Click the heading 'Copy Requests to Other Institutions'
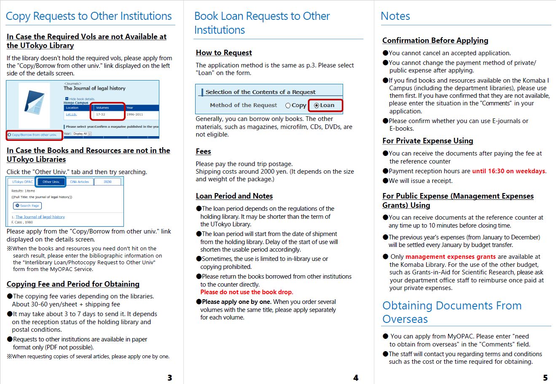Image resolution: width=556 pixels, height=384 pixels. click(89, 16)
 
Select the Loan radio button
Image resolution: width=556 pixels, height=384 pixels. click(317, 105)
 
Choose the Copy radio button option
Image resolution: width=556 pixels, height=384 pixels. click(288, 105)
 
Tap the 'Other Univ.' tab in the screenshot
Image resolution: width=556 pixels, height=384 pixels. click(51, 182)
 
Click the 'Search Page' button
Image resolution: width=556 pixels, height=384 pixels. click(27, 206)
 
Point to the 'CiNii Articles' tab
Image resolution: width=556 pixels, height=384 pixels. click(80, 182)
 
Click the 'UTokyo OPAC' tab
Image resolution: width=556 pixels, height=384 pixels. click(22, 182)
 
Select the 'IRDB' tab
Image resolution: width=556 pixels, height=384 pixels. click(107, 182)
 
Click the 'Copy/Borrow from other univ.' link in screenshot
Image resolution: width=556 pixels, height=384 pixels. click(34, 135)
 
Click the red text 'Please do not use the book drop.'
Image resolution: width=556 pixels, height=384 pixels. click(247, 292)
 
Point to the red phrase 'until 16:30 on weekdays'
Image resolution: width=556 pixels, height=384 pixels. click(509, 171)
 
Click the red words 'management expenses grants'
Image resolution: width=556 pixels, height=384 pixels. click(451, 257)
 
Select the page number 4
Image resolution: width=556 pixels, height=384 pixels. click(356, 378)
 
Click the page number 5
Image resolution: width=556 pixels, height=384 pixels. click(545, 378)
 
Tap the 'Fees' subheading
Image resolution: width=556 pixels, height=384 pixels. click(203, 151)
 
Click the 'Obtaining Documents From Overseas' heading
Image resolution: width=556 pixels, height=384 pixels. click(451, 312)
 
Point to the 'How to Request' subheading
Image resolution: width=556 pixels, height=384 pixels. click(224, 53)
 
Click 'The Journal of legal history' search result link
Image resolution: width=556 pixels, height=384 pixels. click(40, 217)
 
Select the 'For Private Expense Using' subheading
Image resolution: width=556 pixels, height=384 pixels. click(427, 141)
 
